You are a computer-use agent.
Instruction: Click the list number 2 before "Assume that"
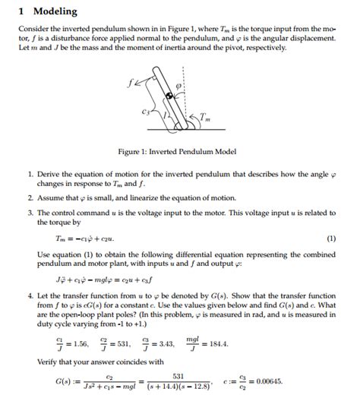pos(30,197)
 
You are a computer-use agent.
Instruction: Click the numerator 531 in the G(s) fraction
pos(200,374)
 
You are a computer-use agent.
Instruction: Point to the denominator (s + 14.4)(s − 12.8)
pos(199,386)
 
